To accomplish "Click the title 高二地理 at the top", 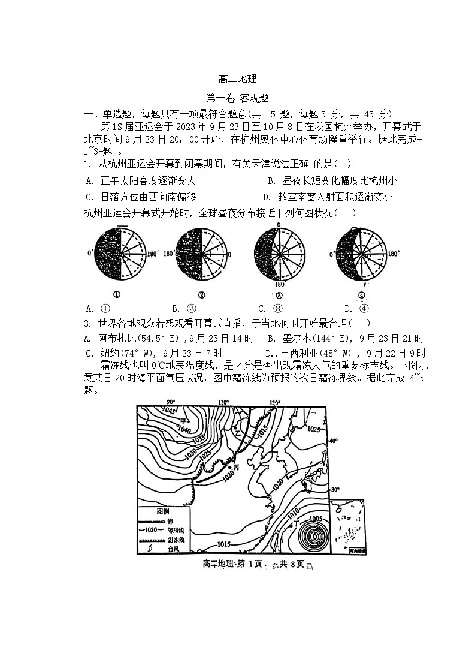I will tap(237, 79).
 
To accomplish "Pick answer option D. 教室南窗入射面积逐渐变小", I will tap(328, 197).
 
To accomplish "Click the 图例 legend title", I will tap(163, 511).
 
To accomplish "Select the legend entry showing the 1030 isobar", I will tap(163, 530).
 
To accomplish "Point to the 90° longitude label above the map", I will tap(170, 402).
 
